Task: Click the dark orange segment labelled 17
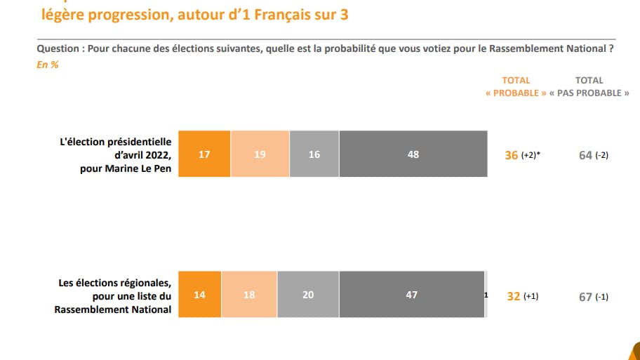tap(204, 154)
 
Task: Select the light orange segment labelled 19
tap(260, 154)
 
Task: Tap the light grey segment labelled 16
tap(314, 154)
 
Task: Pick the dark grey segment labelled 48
tap(413, 154)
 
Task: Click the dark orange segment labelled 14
tap(200, 295)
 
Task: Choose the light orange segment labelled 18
tap(249, 295)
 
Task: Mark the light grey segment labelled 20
tap(308, 295)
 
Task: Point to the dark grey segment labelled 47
tap(412, 295)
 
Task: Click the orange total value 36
tap(512, 155)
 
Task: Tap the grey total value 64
tap(585, 155)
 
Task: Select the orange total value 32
tap(513, 296)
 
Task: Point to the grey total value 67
tap(585, 296)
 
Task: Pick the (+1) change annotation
tap(532, 296)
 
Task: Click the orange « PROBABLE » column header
tap(516, 93)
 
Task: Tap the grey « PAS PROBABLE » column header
tap(589, 93)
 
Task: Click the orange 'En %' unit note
tap(47, 65)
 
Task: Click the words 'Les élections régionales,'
tap(114, 283)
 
